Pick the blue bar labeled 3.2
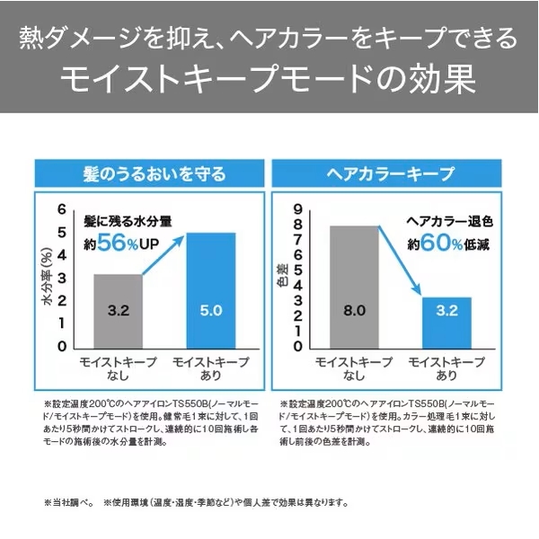point(446,322)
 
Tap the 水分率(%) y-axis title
point(48,279)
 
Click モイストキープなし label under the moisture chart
point(119,368)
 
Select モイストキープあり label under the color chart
point(446,368)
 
